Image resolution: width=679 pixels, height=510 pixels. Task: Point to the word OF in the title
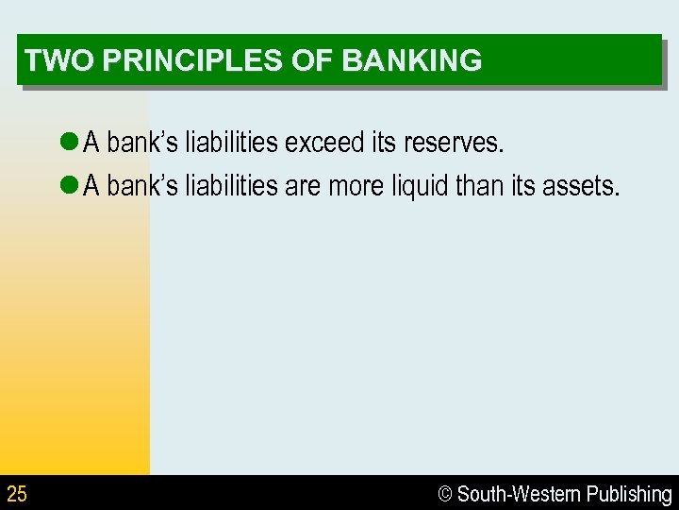click(x=320, y=60)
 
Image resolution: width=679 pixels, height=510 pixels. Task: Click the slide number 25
click(x=17, y=493)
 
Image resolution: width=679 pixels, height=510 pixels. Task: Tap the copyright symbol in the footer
click(x=445, y=494)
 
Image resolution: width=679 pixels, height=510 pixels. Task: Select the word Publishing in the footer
click(x=629, y=494)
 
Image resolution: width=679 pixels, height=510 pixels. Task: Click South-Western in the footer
click(x=519, y=494)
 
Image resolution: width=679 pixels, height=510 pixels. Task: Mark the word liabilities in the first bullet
click(x=231, y=143)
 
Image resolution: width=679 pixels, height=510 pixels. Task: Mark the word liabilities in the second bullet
click(x=231, y=186)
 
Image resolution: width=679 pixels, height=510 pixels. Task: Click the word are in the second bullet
click(x=303, y=186)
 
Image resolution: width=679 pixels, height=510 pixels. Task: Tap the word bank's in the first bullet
click(x=142, y=143)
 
